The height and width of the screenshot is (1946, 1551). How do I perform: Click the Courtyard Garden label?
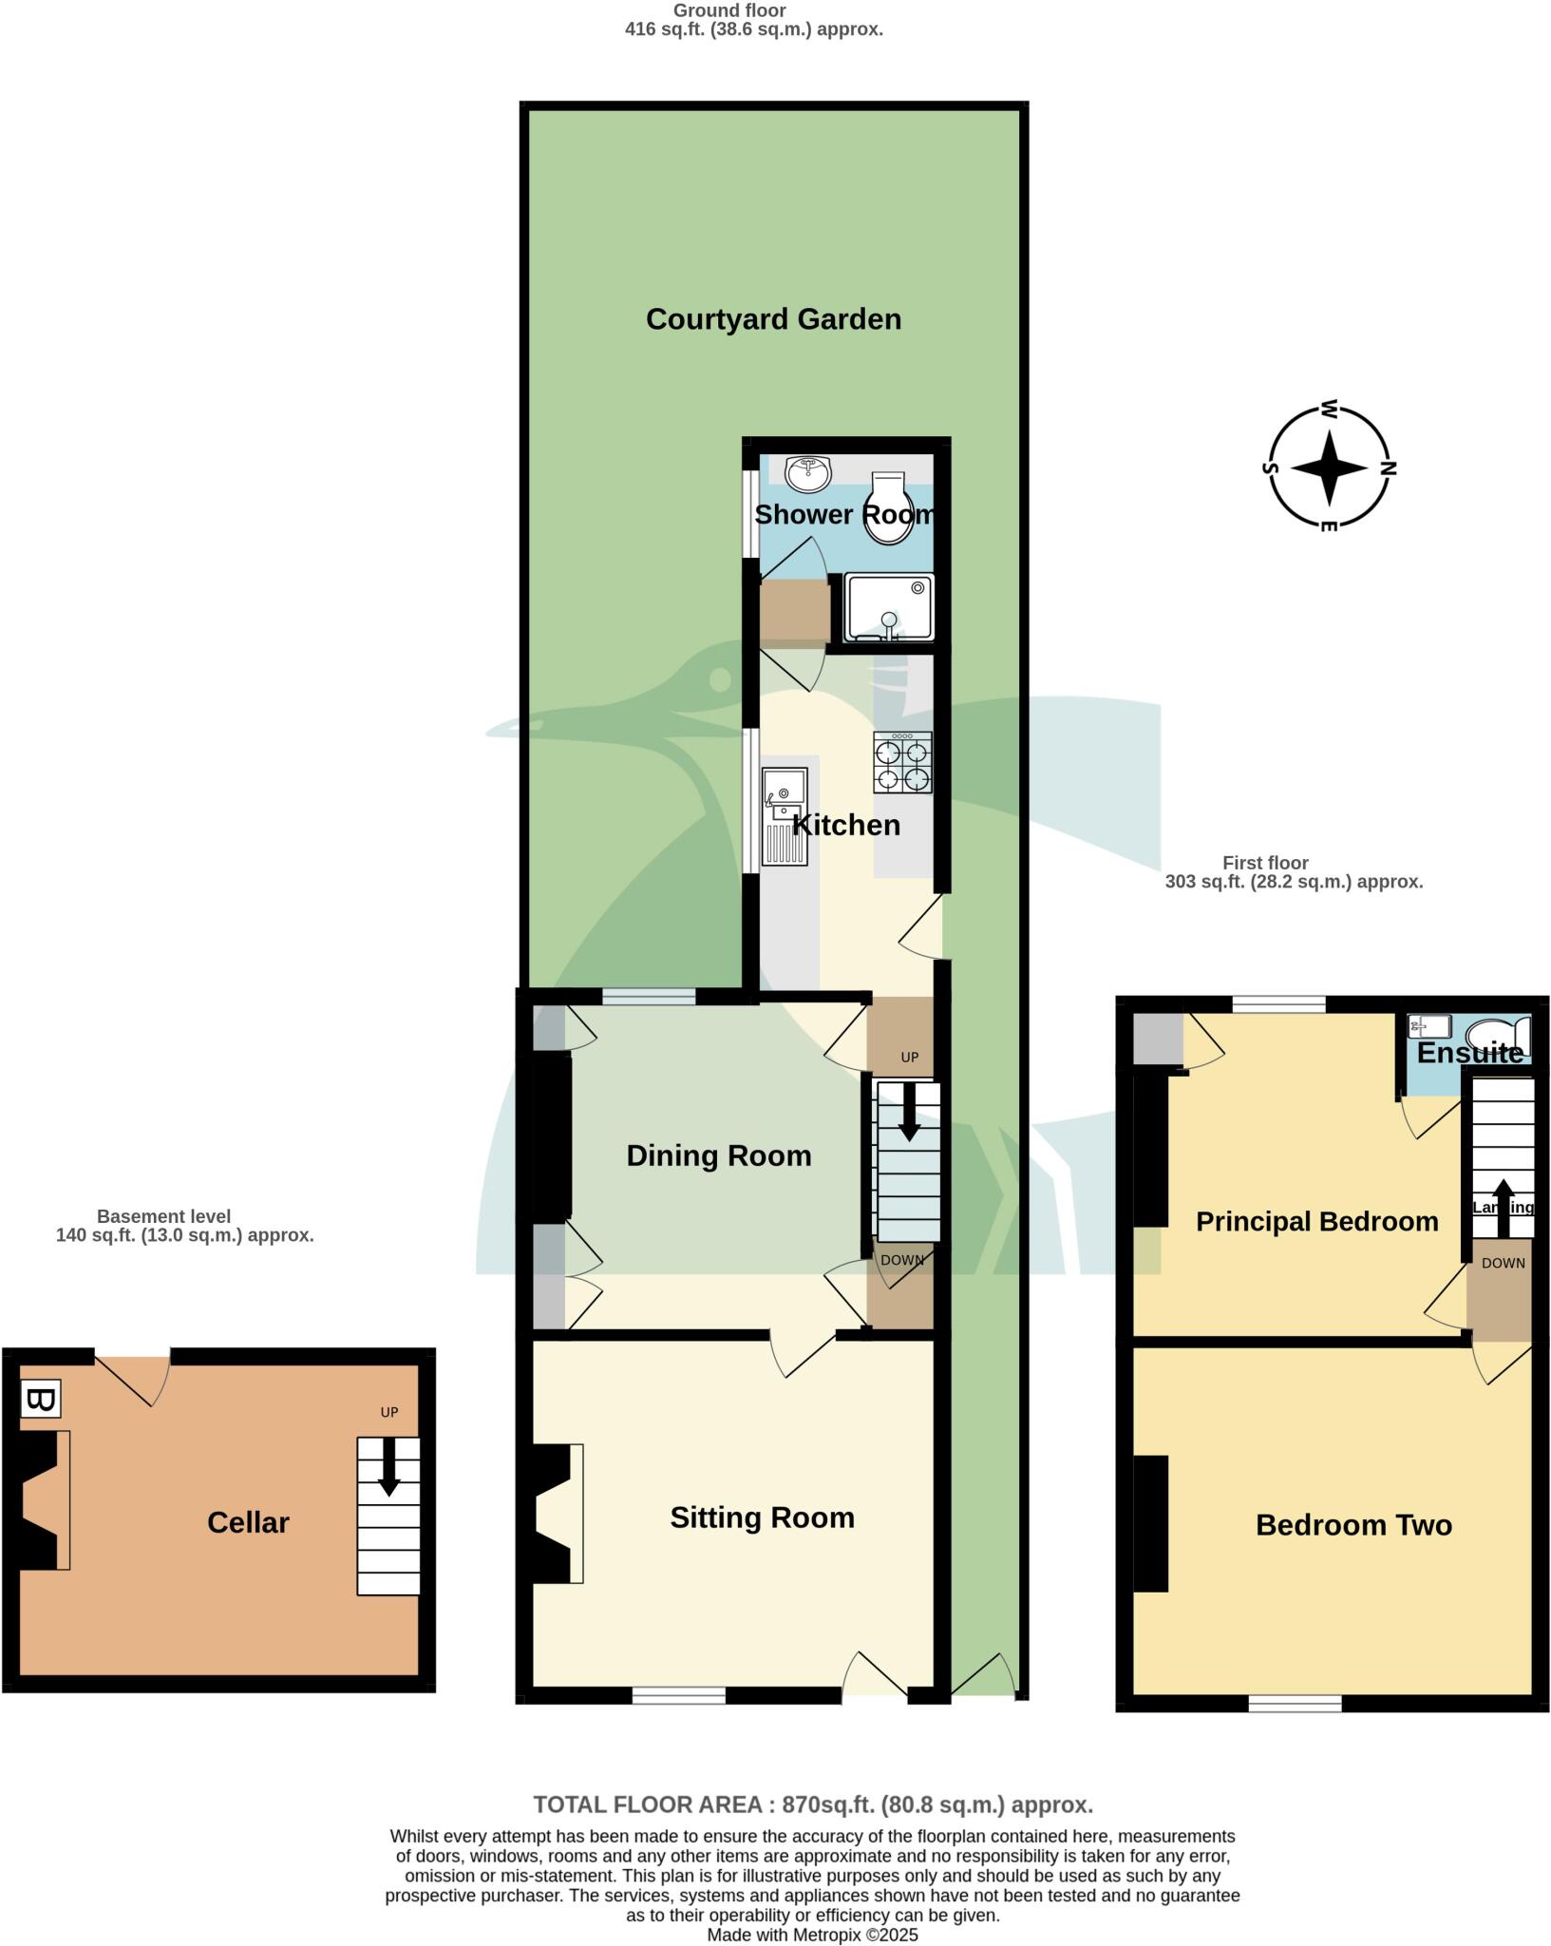tap(773, 319)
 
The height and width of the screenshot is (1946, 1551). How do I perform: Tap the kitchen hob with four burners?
tap(902, 762)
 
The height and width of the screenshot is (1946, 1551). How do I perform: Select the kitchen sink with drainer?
tap(785, 817)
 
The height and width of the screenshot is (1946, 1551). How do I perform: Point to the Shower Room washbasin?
tap(808, 473)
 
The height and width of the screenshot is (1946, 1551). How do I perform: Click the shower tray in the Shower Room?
tap(889, 607)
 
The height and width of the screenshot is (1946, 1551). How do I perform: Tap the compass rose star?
tap(1329, 467)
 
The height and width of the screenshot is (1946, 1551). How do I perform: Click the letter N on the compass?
tap(1389, 467)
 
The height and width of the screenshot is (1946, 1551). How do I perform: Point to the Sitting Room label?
tap(762, 1517)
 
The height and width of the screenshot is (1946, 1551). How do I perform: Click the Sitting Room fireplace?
tap(557, 1514)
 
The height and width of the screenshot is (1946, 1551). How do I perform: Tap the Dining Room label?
tap(719, 1155)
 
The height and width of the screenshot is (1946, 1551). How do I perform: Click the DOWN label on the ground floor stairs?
tap(901, 1260)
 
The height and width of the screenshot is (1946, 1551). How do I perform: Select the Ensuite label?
tap(1469, 1053)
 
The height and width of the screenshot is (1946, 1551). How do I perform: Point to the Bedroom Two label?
tap(1353, 1525)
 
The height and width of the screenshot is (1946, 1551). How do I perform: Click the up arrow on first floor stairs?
tap(1503, 1207)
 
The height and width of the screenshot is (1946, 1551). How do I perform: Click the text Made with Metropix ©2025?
tap(812, 1935)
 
